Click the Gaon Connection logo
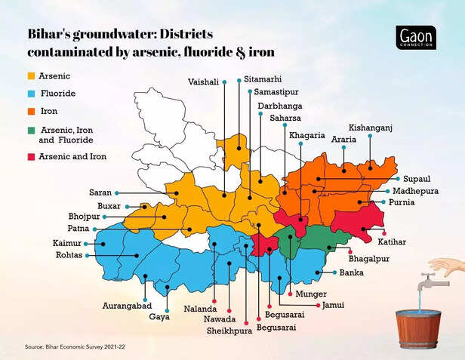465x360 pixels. tap(415, 38)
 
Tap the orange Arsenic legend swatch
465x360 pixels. tap(31, 76)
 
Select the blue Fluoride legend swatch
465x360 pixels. tap(31, 96)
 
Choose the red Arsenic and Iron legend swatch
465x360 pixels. tap(31, 157)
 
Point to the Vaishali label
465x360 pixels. tap(205, 81)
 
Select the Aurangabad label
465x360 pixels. tap(128, 306)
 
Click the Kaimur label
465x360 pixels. tap(67, 243)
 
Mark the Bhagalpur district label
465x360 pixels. tap(370, 258)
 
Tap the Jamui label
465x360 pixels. tap(333, 305)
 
